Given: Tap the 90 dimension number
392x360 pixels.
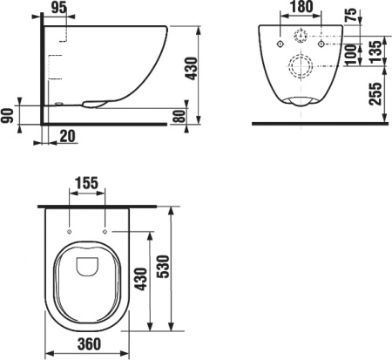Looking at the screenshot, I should (9, 115).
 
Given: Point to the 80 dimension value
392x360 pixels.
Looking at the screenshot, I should (180, 116).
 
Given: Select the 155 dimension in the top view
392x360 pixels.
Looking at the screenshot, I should (87, 184).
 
